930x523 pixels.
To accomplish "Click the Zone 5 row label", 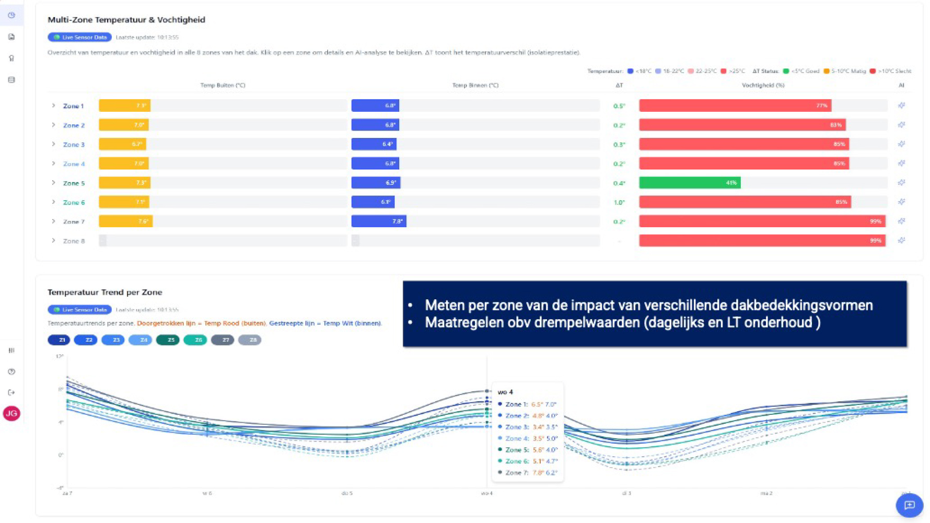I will (74, 183).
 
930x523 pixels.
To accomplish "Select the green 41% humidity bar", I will (689, 183).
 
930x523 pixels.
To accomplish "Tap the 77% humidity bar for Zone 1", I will (735, 106).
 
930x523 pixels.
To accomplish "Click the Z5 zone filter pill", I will (168, 340).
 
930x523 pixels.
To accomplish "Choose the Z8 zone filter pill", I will (250, 340).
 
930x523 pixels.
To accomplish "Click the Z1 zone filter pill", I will (59, 340).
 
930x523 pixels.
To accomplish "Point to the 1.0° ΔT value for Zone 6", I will (619, 203).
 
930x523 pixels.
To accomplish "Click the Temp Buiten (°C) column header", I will (223, 85).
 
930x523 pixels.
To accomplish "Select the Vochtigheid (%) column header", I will (763, 85).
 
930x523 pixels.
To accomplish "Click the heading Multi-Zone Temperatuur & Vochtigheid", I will (126, 20).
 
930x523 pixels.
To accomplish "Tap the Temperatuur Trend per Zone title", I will (104, 292).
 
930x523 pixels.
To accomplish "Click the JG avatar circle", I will (11, 414).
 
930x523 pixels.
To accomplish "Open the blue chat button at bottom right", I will (909, 505).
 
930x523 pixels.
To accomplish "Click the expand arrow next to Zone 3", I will (53, 144).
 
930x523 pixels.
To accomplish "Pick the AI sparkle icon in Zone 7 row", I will (901, 222).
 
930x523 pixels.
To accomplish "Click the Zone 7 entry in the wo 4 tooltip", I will (528, 473).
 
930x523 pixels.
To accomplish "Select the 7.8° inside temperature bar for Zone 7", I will (378, 222).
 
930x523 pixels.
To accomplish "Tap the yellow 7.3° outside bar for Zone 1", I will (124, 106).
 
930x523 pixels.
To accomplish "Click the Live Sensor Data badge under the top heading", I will (79, 38).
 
